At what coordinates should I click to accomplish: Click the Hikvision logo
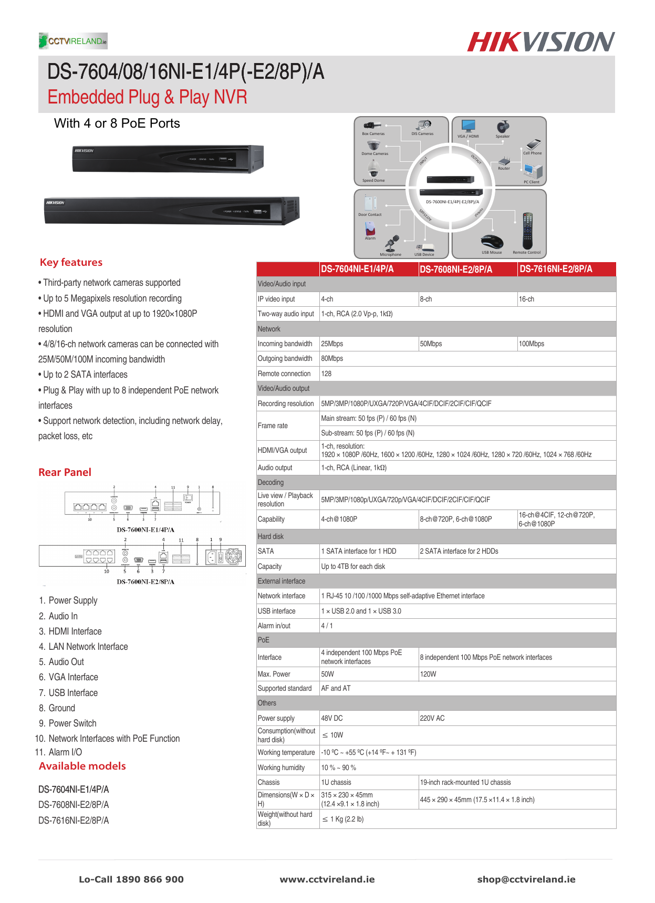[540, 42]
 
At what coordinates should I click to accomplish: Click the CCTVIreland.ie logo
[73, 41]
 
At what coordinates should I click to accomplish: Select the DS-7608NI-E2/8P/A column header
[455, 269]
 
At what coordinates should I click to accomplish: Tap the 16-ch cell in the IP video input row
[526, 299]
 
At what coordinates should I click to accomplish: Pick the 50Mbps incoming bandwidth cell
[431, 344]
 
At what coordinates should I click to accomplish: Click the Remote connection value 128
[326, 373]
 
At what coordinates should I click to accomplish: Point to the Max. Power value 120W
[428, 674]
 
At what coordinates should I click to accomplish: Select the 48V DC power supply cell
[332, 718]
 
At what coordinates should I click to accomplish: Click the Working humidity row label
[281, 767]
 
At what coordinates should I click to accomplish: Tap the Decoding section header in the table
[271, 482]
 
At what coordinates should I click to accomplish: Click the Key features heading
[71, 262]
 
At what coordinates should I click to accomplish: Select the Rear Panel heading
[65, 472]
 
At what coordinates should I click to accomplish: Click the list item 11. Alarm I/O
[59, 752]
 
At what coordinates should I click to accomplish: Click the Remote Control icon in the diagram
[527, 232]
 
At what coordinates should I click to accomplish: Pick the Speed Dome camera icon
[373, 169]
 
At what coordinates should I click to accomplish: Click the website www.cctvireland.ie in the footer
[327, 879]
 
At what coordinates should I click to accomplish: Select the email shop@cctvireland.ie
[526, 879]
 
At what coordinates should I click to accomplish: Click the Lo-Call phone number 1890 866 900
[131, 879]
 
